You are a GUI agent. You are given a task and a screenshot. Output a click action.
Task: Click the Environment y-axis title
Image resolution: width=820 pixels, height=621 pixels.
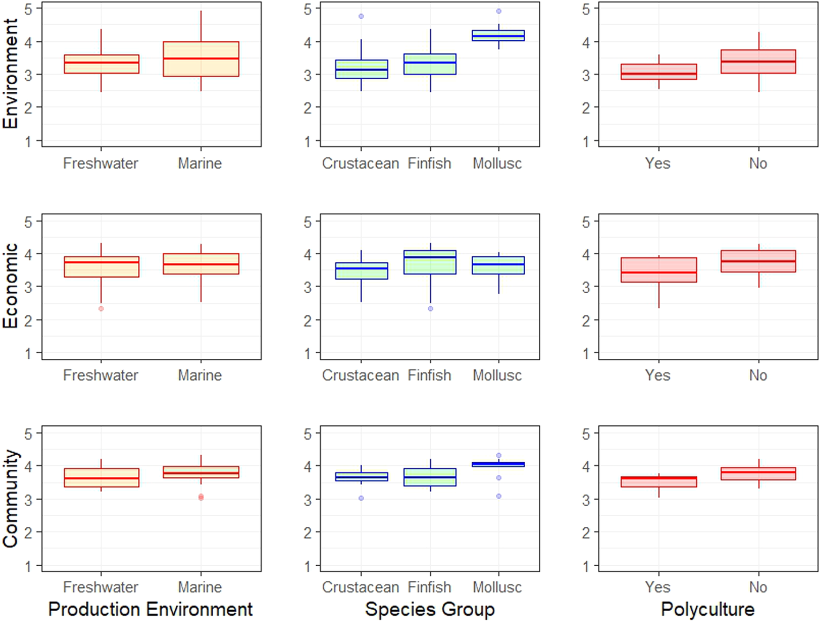(10, 74)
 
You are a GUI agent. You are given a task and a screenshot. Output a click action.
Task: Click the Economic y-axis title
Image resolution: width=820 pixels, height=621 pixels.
(10, 286)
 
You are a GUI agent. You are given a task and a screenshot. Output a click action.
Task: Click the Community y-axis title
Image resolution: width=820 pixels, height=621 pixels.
(10, 498)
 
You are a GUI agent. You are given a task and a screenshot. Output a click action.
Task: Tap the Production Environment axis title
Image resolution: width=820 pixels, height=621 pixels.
(150, 609)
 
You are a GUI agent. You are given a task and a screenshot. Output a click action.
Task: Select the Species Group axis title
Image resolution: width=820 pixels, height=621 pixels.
(430, 609)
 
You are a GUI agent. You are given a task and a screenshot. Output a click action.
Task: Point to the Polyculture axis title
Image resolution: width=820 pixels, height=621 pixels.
(708, 609)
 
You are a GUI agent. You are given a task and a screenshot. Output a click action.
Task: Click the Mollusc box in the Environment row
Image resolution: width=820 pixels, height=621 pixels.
(499, 36)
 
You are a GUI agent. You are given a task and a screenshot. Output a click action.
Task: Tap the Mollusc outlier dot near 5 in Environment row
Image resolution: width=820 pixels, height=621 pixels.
(499, 11)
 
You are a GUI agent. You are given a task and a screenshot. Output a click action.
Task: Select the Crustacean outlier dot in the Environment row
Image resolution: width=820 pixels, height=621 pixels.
(361, 16)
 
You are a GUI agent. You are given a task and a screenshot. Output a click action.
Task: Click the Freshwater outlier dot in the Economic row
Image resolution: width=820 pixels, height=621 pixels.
(101, 309)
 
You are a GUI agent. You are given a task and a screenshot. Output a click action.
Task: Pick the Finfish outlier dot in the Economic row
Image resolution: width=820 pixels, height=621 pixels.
(430, 309)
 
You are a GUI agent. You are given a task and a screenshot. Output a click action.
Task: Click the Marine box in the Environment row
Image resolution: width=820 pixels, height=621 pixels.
(201, 59)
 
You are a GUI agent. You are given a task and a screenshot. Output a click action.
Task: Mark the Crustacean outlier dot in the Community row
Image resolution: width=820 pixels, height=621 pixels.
(361, 498)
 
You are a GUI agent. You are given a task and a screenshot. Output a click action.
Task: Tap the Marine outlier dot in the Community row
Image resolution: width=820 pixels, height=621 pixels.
(201, 497)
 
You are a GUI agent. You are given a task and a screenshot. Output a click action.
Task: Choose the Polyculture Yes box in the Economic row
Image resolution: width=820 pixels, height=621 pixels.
(659, 270)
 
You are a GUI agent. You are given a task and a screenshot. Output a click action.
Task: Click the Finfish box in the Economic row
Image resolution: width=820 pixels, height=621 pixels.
(430, 262)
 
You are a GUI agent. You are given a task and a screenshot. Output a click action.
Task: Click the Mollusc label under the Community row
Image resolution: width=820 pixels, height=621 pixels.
(497, 587)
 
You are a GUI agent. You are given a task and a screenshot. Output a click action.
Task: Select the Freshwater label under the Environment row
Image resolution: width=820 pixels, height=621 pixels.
(100, 163)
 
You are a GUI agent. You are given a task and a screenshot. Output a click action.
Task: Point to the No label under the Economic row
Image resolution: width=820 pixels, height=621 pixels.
(758, 375)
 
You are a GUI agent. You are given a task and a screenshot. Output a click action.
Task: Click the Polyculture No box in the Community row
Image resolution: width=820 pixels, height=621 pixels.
(759, 473)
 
